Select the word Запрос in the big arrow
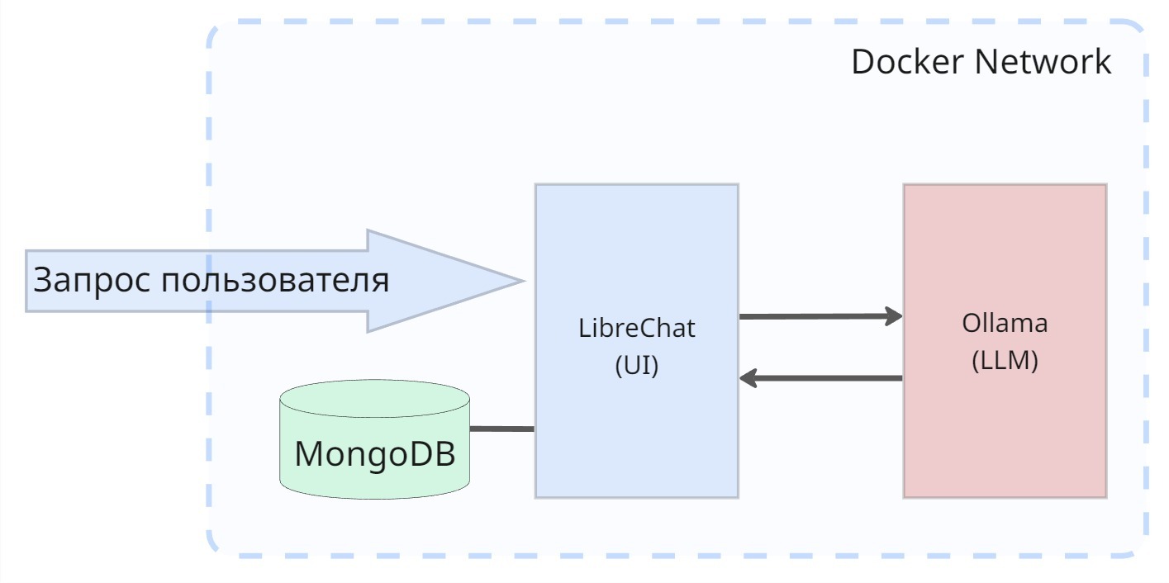tap(91, 281)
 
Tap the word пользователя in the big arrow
tap(274, 281)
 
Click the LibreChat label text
tap(636, 328)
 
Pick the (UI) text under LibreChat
tap(636, 366)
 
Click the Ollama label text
tap(1005, 323)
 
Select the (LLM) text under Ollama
tap(1005, 361)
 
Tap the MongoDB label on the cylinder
tap(374, 454)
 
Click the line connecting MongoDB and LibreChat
tap(501, 429)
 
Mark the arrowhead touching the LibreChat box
tap(748, 378)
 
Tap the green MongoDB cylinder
tap(374, 479)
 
